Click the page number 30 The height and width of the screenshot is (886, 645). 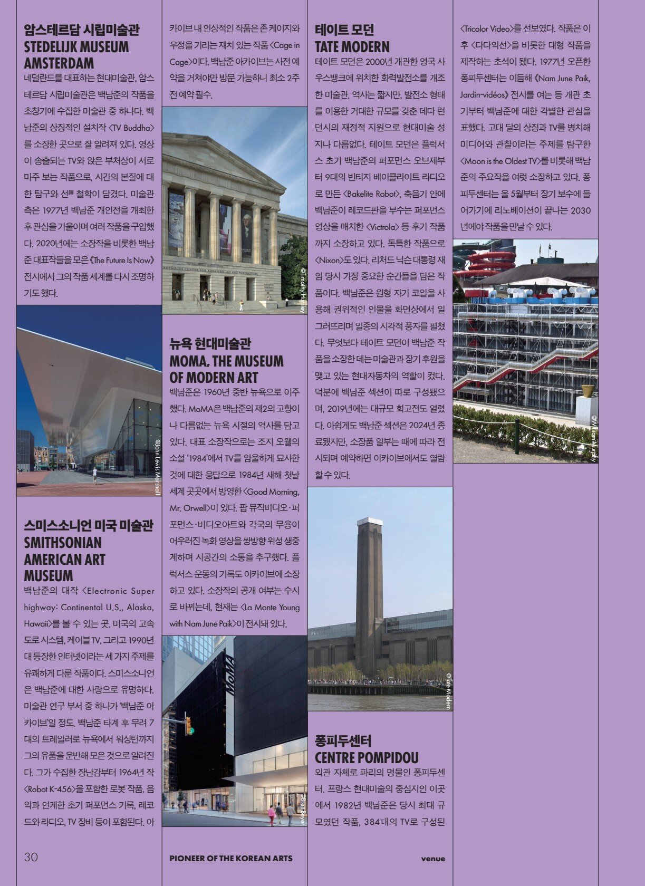[31, 857]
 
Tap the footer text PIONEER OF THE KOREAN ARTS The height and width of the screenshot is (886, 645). [230, 858]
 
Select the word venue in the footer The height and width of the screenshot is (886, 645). [433, 859]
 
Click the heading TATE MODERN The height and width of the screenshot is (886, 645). [352, 46]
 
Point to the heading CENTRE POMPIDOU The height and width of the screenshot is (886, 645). [367, 758]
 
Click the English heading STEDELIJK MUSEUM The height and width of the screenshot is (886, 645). [76, 46]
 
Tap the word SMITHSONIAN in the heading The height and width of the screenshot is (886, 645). [63, 543]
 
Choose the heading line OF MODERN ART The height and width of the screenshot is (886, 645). [214, 378]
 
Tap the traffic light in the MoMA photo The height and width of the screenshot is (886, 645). [189, 725]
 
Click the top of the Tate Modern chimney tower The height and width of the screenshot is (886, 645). [369, 522]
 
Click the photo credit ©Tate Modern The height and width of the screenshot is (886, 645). [448, 691]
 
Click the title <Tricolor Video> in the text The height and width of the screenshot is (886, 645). [490, 28]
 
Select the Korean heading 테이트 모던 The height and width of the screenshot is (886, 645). [344, 30]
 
